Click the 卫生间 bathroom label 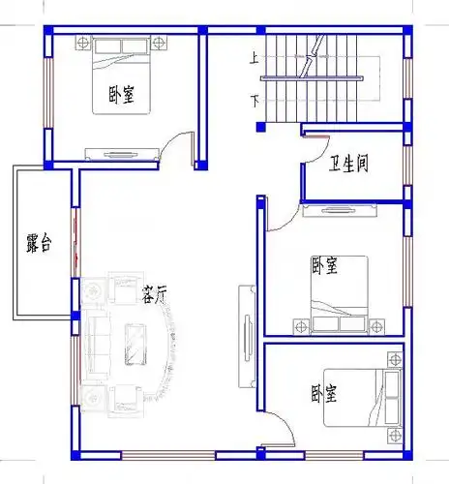(348, 164)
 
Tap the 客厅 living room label (156, 293)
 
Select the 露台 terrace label (39, 244)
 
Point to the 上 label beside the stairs (254, 58)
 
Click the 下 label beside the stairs (254, 99)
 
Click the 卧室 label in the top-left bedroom (122, 95)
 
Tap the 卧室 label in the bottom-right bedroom (324, 393)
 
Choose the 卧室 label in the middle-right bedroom (324, 264)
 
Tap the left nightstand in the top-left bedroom (81, 43)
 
